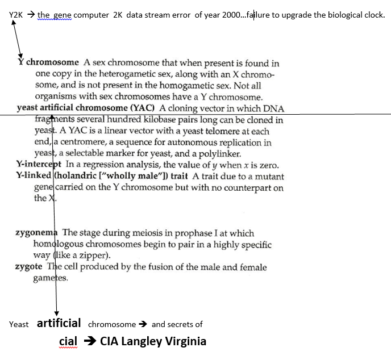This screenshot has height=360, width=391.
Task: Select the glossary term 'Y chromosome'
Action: click(49, 62)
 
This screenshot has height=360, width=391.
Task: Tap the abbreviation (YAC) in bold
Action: click(144, 108)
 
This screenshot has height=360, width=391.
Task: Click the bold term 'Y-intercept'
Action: click(39, 165)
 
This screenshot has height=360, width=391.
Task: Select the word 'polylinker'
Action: click(221, 153)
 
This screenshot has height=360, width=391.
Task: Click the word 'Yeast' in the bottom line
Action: click(19, 324)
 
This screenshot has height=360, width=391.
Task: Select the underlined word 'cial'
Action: click(68, 342)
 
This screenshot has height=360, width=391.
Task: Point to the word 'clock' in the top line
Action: click(373, 15)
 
